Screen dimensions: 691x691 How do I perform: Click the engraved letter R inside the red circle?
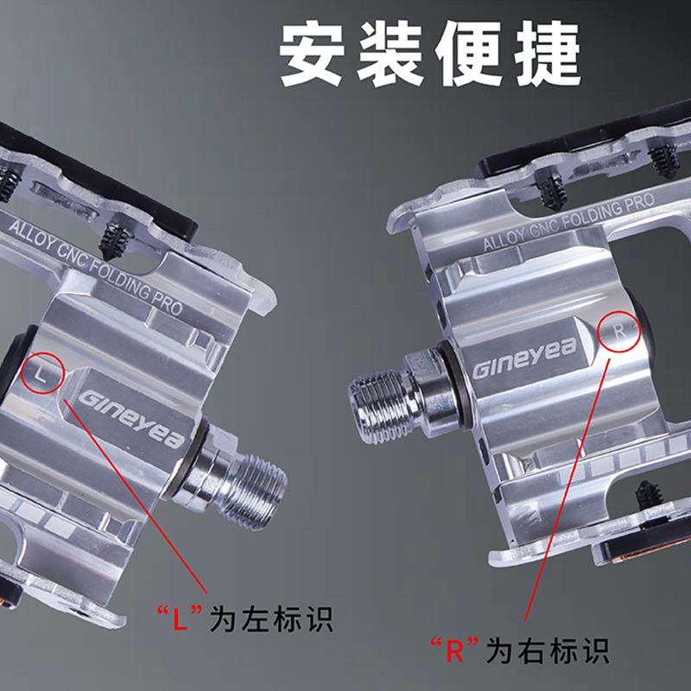click(619, 331)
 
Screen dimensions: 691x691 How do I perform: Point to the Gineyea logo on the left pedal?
click(131, 419)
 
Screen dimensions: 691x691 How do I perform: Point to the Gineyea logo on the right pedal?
click(524, 357)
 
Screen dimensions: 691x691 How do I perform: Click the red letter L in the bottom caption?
click(180, 619)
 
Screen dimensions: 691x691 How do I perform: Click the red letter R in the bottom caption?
click(454, 650)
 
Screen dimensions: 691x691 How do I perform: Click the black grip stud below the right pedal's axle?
click(649, 492)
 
